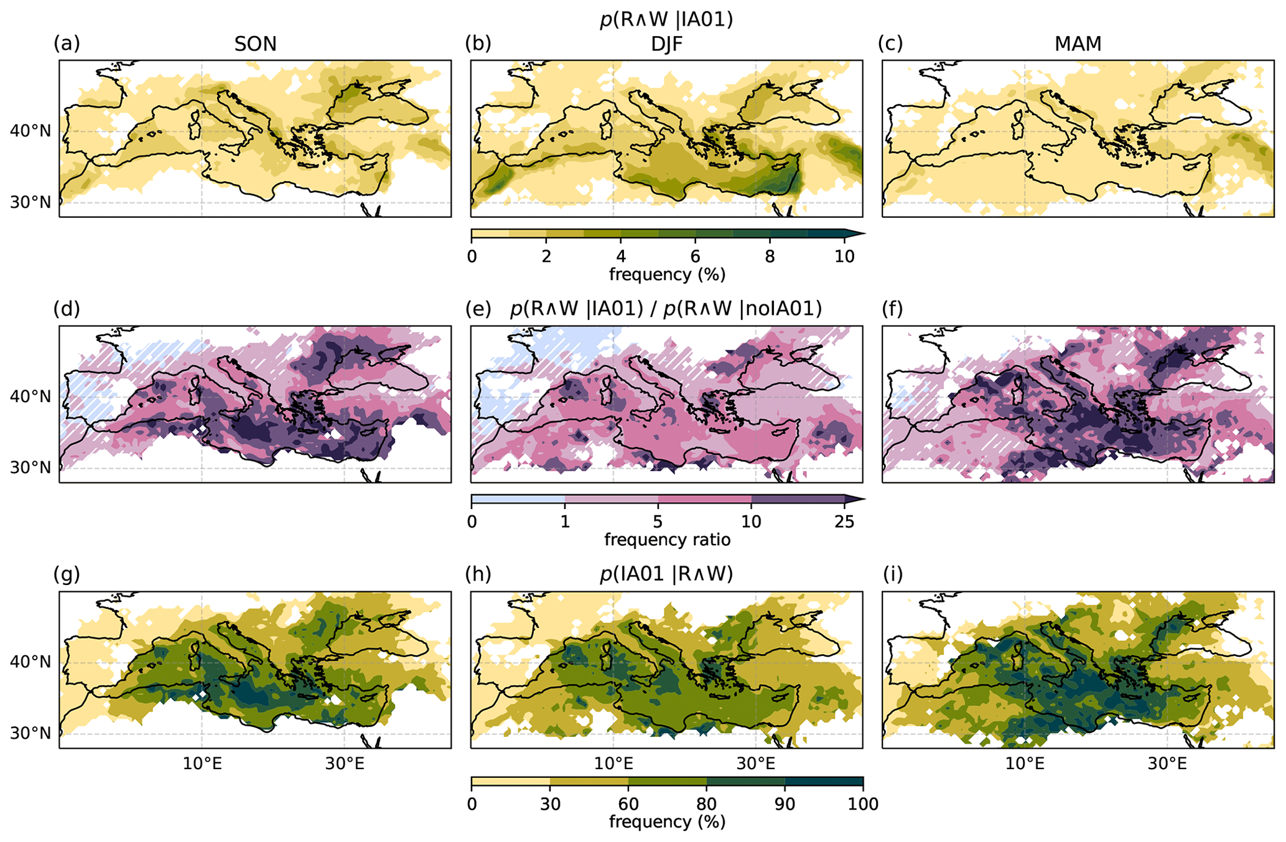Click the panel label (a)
67,44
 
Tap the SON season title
255,44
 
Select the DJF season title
666,44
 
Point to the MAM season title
1078,44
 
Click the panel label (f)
892,309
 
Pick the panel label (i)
892,574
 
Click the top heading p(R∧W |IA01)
666,19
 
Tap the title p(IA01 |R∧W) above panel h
666,574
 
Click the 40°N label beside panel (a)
30,131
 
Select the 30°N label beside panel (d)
30,468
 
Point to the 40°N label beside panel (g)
30,662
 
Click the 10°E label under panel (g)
202,764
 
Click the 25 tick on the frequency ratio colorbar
844,522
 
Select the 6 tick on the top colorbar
695,256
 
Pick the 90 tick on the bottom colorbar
785,804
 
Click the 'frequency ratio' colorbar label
667,540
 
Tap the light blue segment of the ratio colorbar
518,499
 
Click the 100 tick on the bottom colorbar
862,804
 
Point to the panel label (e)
478,309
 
